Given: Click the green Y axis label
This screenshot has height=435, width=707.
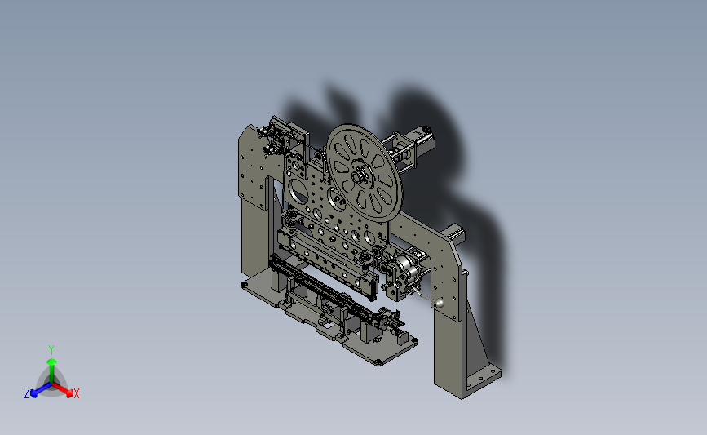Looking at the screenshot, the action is click(x=51, y=350).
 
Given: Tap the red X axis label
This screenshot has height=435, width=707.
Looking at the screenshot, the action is click(x=76, y=393).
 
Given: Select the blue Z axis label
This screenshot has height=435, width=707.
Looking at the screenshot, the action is click(x=27, y=393).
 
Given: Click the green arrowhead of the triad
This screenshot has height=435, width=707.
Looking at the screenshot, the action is click(x=51, y=362).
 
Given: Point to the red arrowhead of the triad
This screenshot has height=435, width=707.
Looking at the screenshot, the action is click(x=69, y=393).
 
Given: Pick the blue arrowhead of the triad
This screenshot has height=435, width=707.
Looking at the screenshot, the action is click(x=34, y=393).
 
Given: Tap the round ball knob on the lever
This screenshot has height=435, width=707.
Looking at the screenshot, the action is click(x=438, y=304).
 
